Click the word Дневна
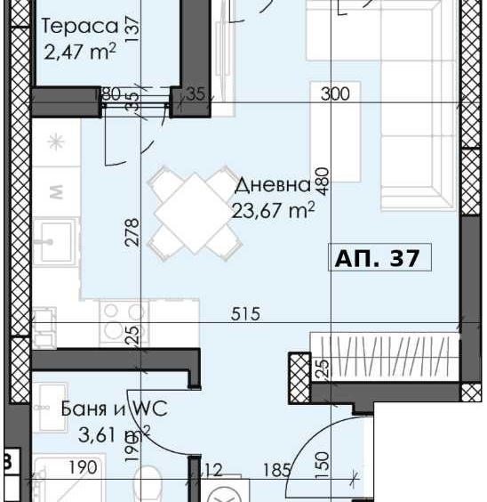coord(272,185)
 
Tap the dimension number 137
coord(132,29)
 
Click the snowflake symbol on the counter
coord(56,142)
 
